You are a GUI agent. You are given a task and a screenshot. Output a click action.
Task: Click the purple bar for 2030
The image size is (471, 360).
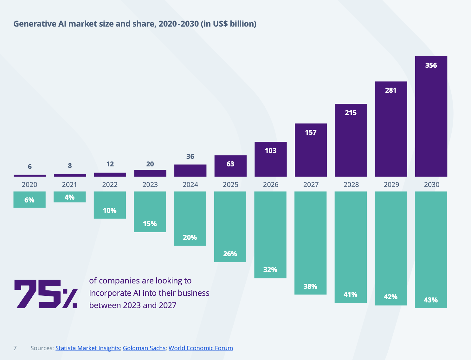point(431,120)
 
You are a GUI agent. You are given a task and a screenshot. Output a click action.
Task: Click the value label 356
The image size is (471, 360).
point(431,65)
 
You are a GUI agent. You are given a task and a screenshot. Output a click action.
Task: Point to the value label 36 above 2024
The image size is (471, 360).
point(190,157)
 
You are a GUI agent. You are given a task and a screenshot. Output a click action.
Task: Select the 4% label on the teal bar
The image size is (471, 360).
point(69,197)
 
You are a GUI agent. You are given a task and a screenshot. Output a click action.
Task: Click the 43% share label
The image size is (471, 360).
point(431,300)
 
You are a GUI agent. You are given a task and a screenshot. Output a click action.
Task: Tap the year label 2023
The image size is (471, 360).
point(150,185)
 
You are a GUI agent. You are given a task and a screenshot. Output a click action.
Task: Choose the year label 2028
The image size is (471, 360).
point(351,185)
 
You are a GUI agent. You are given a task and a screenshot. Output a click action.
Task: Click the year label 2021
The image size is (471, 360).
point(69,185)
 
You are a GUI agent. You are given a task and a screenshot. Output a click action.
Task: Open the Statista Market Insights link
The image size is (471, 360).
point(87,348)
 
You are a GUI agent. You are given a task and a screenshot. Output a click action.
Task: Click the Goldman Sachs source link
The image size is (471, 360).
point(144,348)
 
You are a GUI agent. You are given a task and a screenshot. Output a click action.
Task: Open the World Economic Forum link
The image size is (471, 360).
point(201,348)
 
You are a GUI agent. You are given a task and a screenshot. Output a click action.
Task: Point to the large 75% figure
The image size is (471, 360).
point(46,294)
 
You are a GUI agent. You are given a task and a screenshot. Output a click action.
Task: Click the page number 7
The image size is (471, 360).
point(15,348)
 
